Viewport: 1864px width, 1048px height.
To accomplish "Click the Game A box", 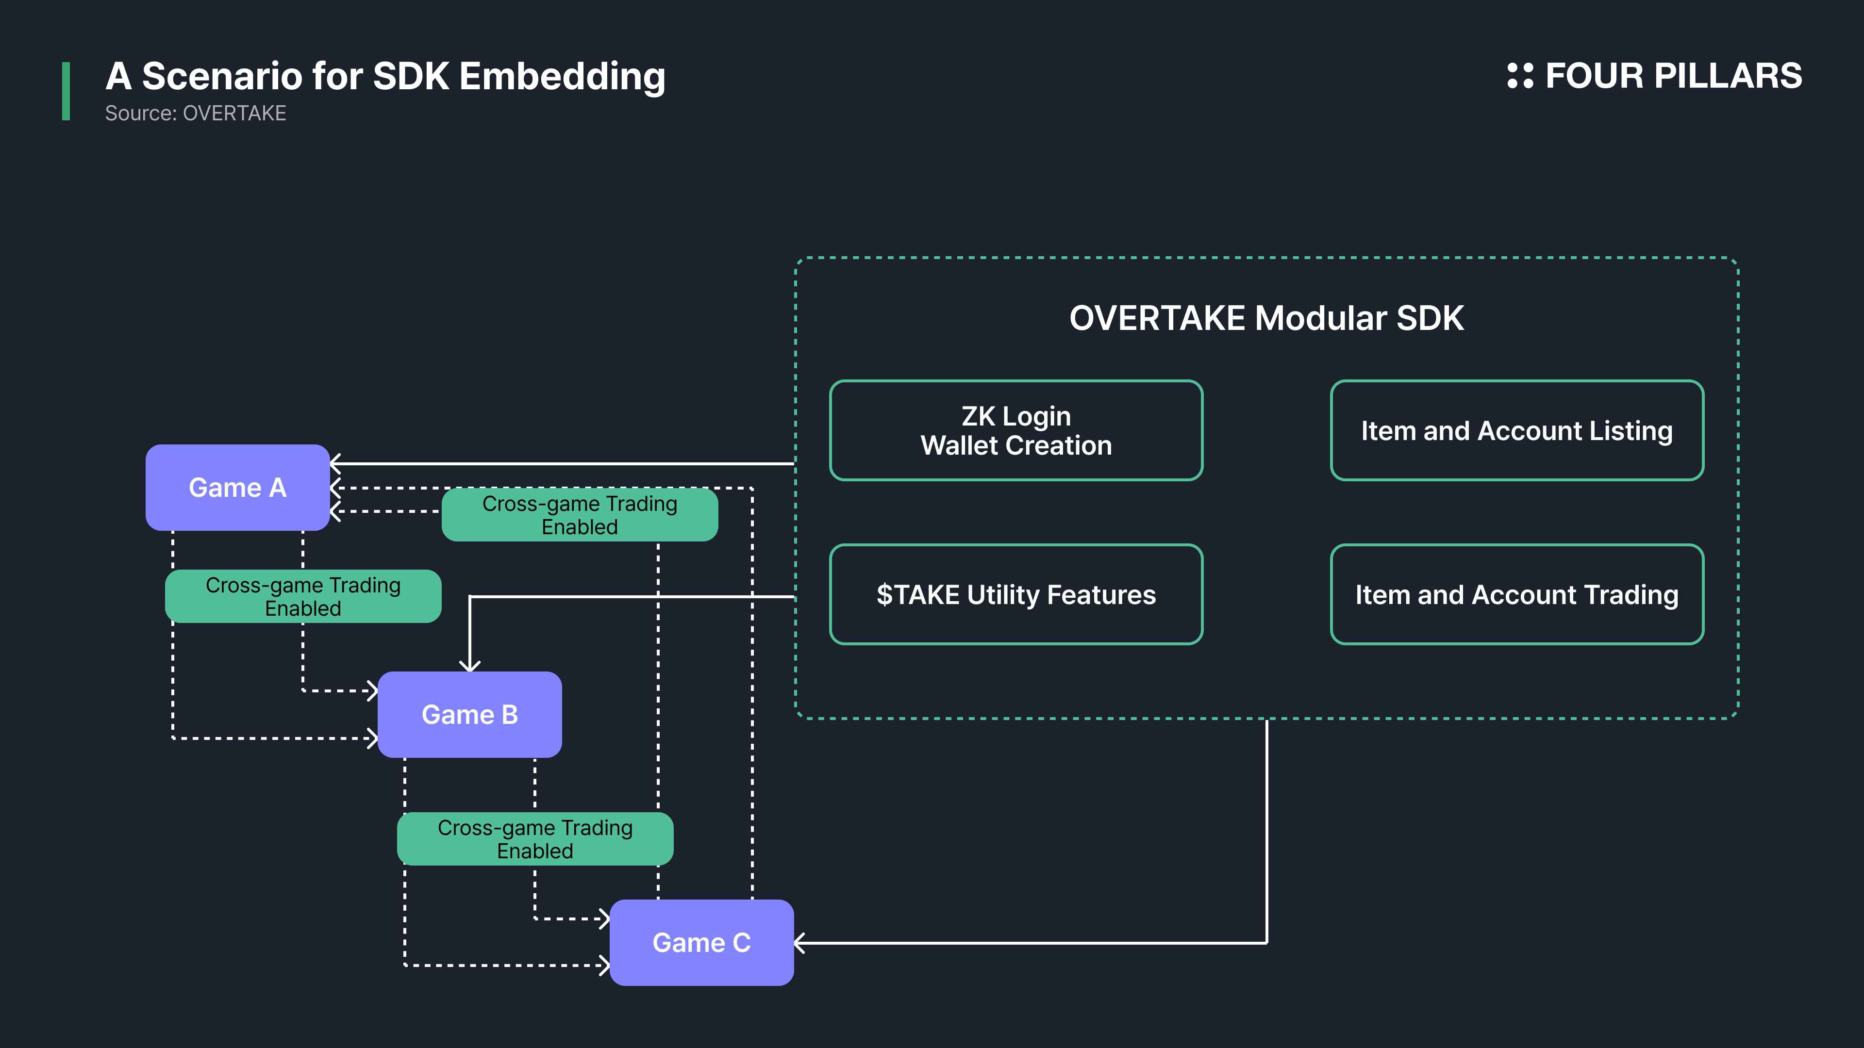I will click(237, 488).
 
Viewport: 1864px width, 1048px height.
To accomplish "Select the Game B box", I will click(469, 715).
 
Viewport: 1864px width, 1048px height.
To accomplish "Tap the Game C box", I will click(701, 942).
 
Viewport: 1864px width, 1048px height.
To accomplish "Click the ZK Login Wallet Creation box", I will click(1016, 430).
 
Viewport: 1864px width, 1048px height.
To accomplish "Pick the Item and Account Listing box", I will click(1516, 430).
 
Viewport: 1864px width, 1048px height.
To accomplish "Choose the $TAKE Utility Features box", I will click(1016, 594).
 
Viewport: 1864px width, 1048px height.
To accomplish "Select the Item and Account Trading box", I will click(1516, 594).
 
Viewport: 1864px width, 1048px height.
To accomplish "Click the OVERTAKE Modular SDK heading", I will click(1266, 318).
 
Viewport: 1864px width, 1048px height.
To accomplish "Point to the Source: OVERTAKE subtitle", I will click(195, 114).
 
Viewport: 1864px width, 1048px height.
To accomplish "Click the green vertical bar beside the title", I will click(66, 91).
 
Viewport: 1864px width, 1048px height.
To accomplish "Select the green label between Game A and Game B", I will click(303, 596).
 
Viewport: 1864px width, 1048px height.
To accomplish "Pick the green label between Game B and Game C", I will click(535, 839).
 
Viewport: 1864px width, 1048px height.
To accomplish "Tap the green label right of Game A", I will click(580, 514).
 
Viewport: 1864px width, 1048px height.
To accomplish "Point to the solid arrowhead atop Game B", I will click(469, 665).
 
